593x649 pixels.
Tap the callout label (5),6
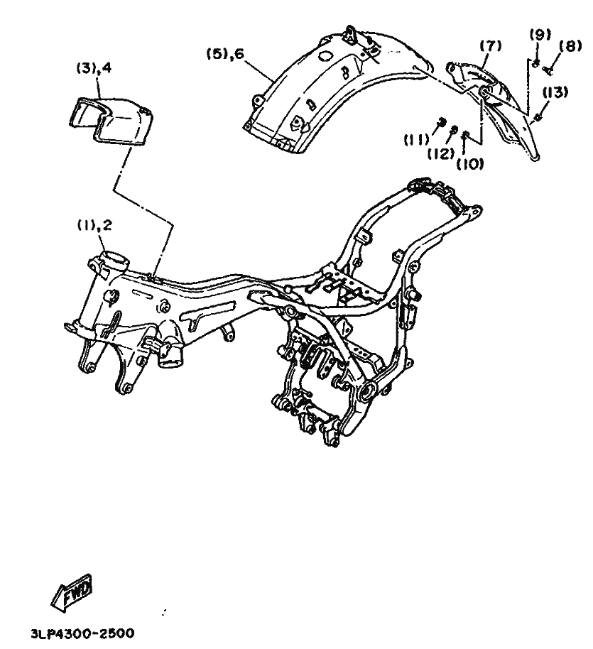(x=229, y=54)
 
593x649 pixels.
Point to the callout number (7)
(x=489, y=47)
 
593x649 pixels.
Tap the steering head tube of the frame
(x=112, y=263)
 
